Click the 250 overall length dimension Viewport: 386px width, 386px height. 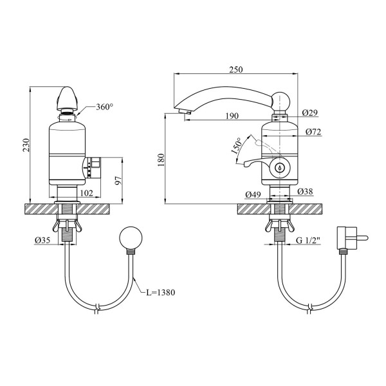point(236,69)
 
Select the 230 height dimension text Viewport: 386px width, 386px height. point(26,145)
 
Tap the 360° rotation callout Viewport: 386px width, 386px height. point(105,107)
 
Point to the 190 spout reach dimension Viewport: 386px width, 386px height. point(232,116)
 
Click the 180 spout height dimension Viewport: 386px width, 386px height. point(161,160)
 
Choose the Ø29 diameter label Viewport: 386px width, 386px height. point(310,113)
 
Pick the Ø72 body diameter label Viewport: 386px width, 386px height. point(314,132)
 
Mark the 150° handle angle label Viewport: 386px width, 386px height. point(237,146)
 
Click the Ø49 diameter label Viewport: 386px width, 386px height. point(253,195)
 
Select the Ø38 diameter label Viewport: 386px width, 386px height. point(305,191)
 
